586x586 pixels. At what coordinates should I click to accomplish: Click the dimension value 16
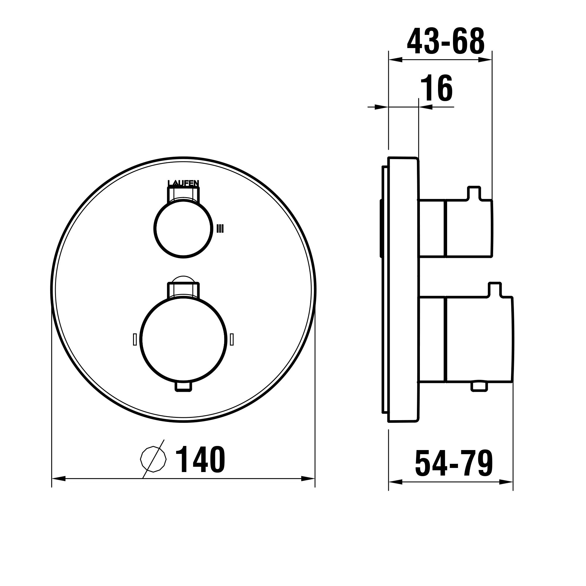coord(437,88)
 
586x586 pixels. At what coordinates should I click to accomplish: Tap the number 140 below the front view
coord(200,460)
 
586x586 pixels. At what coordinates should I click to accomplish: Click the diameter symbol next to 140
coord(154,459)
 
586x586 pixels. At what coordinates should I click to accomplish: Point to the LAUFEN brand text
coord(183,183)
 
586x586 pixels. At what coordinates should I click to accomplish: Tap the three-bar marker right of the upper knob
coord(220,229)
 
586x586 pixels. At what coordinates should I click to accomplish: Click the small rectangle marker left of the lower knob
coord(135,339)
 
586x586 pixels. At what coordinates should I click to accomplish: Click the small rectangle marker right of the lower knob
coord(232,339)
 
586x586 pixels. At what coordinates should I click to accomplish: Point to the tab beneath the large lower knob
coord(183,387)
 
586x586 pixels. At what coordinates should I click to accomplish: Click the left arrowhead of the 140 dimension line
coord(59,479)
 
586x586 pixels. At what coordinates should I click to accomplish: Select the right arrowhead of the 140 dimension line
coord(308,479)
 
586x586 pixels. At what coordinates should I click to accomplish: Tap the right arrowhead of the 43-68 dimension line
coord(485,60)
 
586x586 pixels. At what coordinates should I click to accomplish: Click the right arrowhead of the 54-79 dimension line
coord(506,482)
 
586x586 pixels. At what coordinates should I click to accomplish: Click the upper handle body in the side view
coord(468,229)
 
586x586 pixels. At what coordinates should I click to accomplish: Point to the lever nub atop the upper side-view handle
coord(474,193)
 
